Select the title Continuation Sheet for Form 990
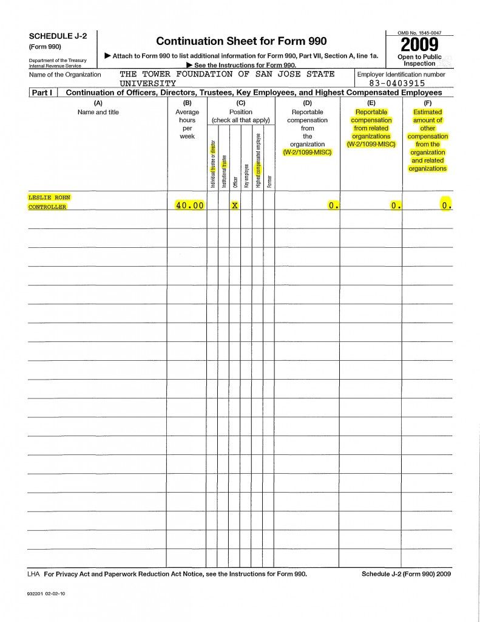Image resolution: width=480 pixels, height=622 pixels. click(241, 41)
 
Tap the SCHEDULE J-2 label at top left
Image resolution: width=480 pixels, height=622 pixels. click(58, 36)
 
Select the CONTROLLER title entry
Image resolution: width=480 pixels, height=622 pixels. click(47, 207)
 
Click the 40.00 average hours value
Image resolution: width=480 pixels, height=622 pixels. click(189, 206)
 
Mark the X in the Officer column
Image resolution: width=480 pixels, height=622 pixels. click(234, 206)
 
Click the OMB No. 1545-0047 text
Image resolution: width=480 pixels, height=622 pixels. click(419, 32)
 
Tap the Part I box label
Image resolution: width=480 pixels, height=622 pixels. click(42, 93)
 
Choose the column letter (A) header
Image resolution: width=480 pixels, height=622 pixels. click(98, 103)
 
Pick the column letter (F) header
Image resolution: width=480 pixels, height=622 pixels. click(427, 103)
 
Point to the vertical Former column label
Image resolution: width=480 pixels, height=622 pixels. click(269, 180)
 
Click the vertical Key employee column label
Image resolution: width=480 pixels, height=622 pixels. click(246, 175)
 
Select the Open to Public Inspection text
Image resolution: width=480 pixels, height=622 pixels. click(419, 60)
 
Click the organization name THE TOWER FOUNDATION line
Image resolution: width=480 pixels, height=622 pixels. click(227, 74)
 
